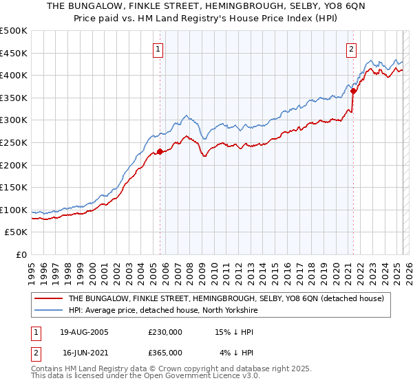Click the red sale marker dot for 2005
pyautogui.click(x=160, y=151)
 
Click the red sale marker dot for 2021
pyautogui.click(x=353, y=90)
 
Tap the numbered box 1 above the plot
pyautogui.click(x=159, y=49)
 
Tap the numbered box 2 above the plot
pyautogui.click(x=352, y=49)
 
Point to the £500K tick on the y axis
pyautogui.click(x=14, y=31)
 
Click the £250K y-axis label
pyautogui.click(x=14, y=142)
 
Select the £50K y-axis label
pyautogui.click(x=17, y=232)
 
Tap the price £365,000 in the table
pyautogui.click(x=165, y=353)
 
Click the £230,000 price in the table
pyautogui.click(x=165, y=333)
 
